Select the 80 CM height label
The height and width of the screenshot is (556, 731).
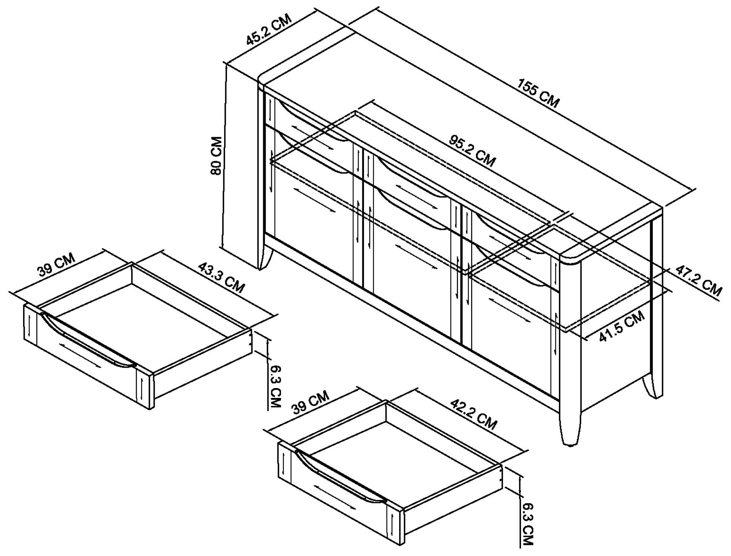coord(216,156)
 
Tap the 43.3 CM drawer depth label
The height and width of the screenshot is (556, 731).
coord(221,278)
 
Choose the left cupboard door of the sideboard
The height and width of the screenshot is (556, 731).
coord(314,204)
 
